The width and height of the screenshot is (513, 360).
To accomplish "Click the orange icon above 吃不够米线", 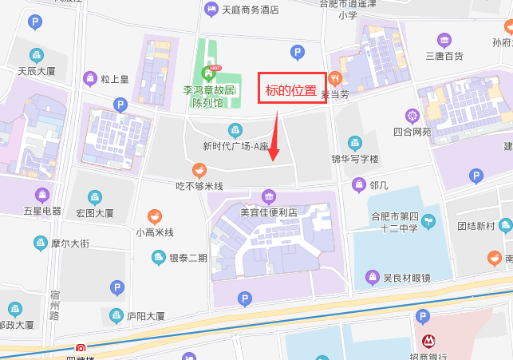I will click(199, 169).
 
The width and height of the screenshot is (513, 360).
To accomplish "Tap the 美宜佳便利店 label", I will click(269, 212).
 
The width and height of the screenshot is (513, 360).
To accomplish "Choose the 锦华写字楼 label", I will click(353, 158).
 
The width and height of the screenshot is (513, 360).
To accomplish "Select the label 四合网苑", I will click(412, 132).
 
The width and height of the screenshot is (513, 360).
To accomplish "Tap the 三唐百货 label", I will click(444, 55).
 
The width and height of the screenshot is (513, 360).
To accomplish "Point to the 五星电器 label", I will click(42, 211).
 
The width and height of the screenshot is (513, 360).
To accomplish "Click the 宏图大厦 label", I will click(95, 213).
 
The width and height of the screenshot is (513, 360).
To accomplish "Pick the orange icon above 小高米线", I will click(155, 216).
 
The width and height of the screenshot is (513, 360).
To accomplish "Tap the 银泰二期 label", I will click(187, 258).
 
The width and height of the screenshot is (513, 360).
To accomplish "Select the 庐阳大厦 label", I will click(145, 316).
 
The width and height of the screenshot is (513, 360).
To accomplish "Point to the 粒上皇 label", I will click(115, 79).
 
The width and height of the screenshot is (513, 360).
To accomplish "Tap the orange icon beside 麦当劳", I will click(334, 78).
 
